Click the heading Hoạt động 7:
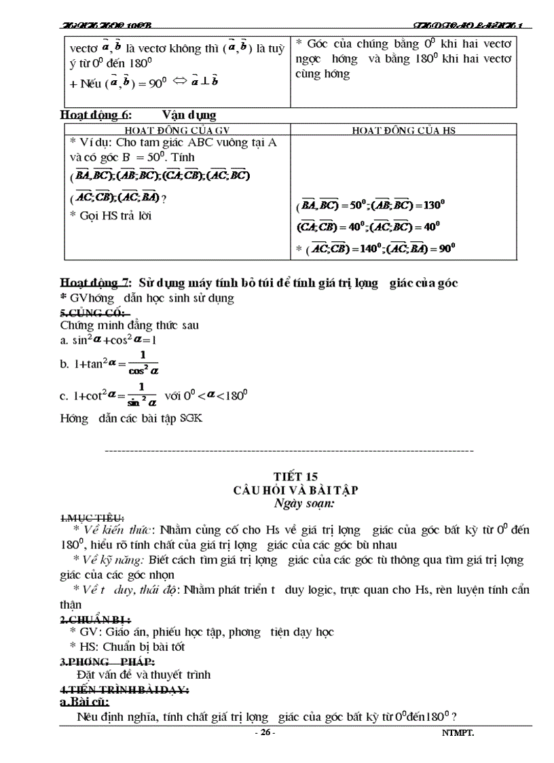coord(96,283)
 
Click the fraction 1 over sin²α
coord(143,393)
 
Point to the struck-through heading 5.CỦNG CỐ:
coord(85,312)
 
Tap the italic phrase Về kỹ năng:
coord(113,560)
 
